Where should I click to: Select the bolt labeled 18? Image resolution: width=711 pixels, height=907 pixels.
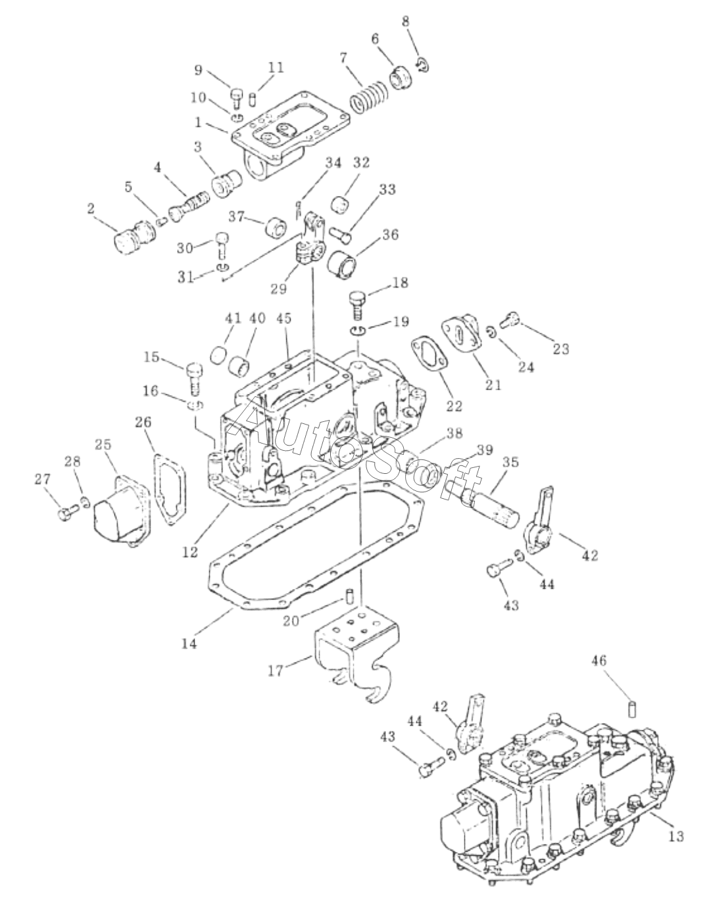click(357, 304)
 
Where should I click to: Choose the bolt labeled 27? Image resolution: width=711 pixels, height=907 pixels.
click(68, 512)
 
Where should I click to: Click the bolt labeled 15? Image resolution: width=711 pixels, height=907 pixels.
click(194, 377)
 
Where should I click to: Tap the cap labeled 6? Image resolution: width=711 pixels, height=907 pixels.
click(401, 78)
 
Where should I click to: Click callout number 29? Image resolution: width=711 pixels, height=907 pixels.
click(279, 289)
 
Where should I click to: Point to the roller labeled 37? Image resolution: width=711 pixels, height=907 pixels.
click(276, 228)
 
